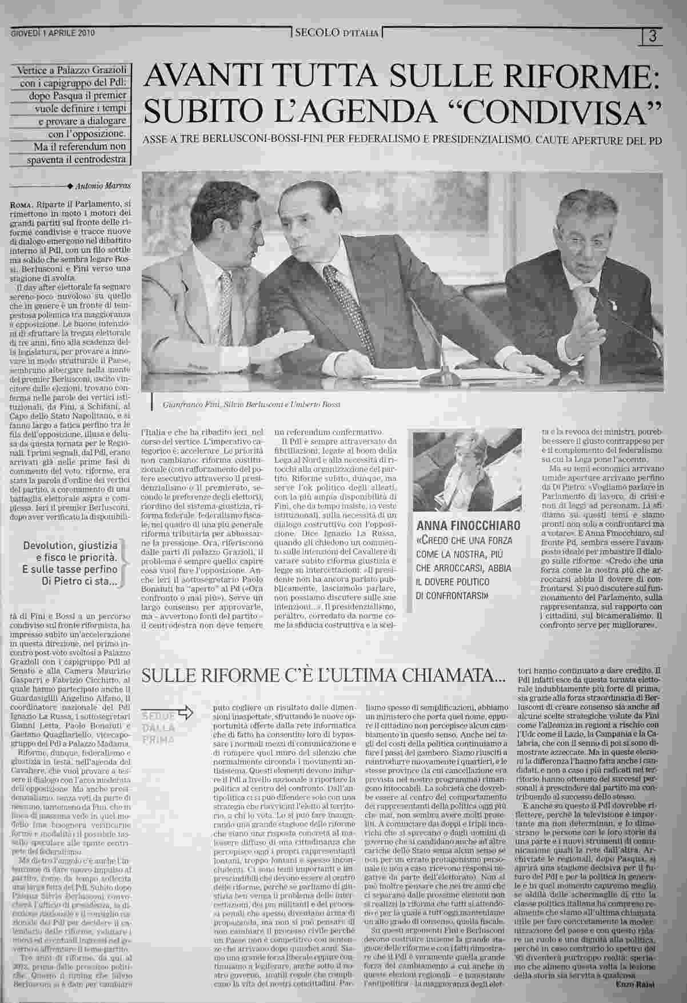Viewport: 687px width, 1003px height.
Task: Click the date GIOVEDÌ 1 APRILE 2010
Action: coord(53,33)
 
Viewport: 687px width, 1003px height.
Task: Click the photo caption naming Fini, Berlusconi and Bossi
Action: coord(251,404)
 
